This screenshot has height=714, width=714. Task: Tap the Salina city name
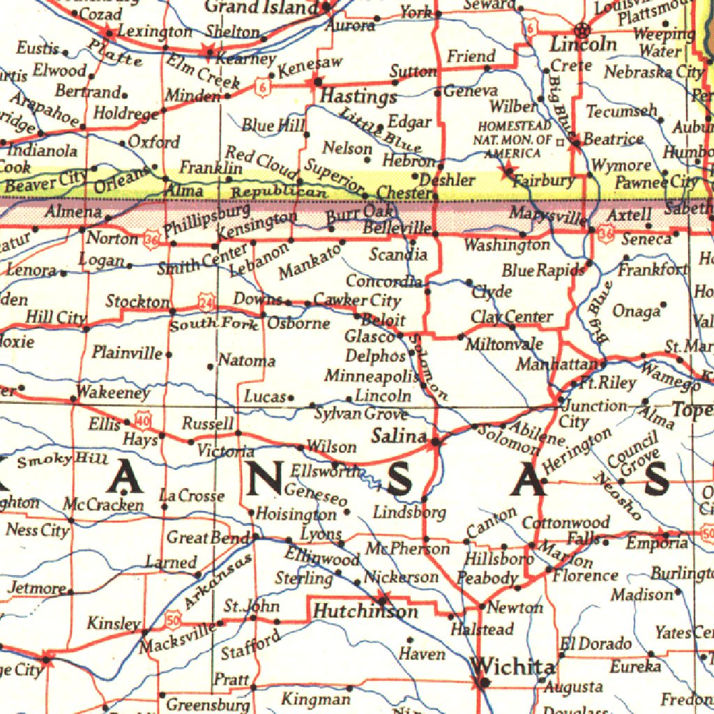398,436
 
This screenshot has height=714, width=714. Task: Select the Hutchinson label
365,612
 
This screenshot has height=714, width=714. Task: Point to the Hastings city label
358,97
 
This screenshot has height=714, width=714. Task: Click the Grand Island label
261,8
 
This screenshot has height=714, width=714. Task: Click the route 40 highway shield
144,420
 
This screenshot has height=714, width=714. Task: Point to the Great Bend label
207,538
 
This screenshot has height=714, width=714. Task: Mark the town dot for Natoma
211,365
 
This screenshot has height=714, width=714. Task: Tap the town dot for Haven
409,639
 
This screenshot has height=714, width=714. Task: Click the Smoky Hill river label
63,459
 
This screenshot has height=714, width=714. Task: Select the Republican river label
279,193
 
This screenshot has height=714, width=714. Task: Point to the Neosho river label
618,496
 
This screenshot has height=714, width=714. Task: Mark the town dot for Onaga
663,304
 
